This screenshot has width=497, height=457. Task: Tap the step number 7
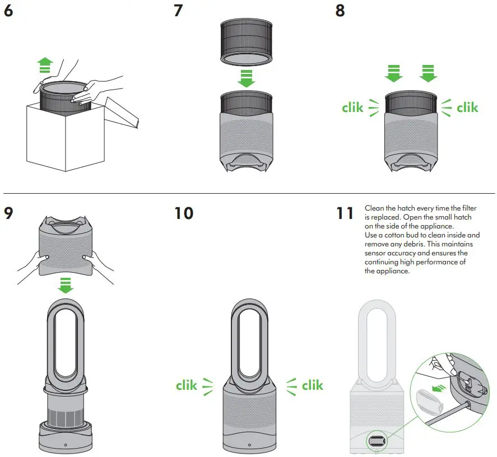pyautogui.click(x=178, y=11)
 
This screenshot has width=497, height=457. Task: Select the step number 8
pyautogui.click(x=340, y=11)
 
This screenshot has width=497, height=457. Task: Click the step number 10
pyautogui.click(x=183, y=213)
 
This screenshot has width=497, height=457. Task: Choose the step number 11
pyautogui.click(x=345, y=213)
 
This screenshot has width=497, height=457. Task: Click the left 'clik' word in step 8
pyautogui.click(x=352, y=107)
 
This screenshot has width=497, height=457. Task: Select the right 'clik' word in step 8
pyautogui.click(x=467, y=107)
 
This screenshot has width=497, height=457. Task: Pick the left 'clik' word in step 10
pyautogui.click(x=187, y=385)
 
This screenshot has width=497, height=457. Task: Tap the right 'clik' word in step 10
pyautogui.click(x=312, y=385)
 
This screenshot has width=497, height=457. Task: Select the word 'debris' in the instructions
pyautogui.click(x=412, y=244)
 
